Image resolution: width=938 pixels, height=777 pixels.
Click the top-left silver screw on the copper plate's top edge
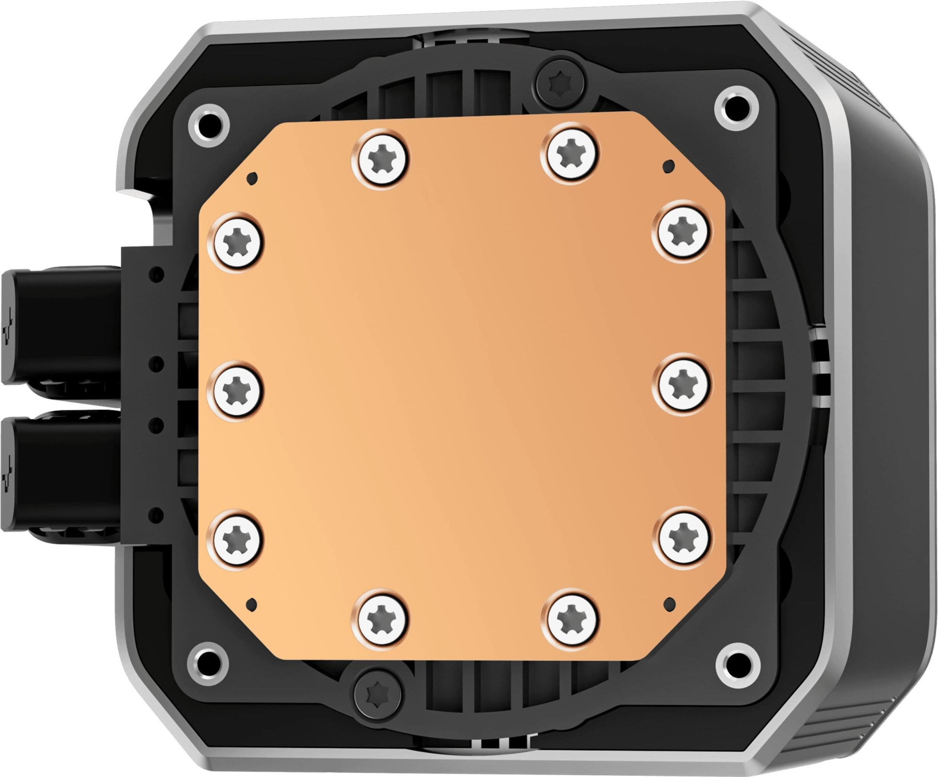point(380,158)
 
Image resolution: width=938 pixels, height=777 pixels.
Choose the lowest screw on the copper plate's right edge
point(682,537)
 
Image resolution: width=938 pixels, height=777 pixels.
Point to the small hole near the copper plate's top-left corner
point(253,177)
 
